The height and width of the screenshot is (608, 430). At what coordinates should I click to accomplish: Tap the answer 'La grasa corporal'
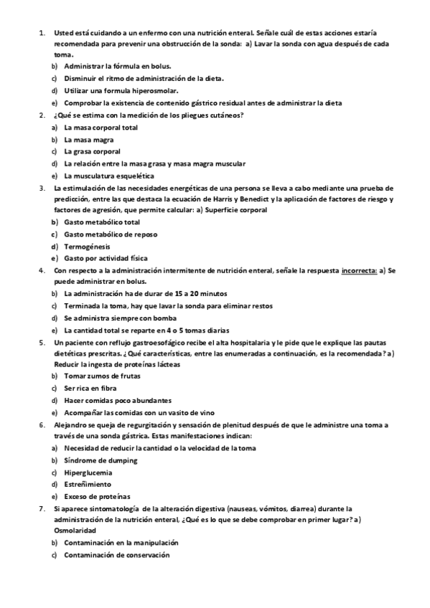coord(92,151)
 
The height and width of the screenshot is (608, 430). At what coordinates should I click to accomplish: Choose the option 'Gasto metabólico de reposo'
coord(111,234)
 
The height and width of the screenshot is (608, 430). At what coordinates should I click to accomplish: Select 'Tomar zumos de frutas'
coord(102,376)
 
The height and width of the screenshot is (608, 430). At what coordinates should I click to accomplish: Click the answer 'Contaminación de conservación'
coord(116,555)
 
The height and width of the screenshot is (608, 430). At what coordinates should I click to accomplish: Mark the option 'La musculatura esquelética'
coord(108,176)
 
